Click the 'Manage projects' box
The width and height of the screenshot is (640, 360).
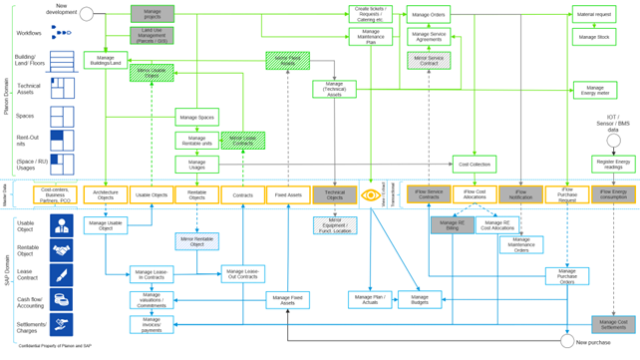point(152,14)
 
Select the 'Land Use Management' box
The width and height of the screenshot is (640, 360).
point(152,36)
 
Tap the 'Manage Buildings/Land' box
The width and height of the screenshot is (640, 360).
point(105,60)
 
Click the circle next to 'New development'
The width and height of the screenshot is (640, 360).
point(86,14)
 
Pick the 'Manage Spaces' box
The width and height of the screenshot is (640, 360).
point(196,117)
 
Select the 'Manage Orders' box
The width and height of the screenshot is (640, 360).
point(428,13)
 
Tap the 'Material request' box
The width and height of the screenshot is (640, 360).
point(593,13)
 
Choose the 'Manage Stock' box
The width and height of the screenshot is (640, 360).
point(593,37)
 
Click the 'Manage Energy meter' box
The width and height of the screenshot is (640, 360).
point(593,90)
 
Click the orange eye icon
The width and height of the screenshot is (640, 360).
point(371,195)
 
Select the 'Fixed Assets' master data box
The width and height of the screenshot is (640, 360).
point(288,195)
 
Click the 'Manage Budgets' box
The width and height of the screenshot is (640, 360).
point(427,298)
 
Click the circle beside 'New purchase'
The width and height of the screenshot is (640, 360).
point(567,342)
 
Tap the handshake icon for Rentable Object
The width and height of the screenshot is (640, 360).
point(62,250)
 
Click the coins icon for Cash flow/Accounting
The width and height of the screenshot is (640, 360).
point(62,298)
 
